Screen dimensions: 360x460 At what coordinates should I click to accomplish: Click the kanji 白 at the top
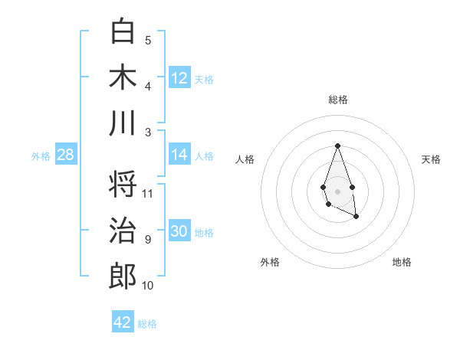pyautogui.click(x=123, y=31)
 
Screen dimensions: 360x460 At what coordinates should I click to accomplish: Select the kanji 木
pyautogui.click(x=123, y=78)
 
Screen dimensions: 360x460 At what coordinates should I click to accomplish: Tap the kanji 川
pyautogui.click(x=123, y=123)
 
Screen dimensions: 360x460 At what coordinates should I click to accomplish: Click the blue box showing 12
pyautogui.click(x=179, y=77)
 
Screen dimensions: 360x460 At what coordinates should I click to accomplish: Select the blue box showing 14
pyautogui.click(x=179, y=155)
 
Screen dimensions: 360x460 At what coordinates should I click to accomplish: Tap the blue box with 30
pyautogui.click(x=179, y=231)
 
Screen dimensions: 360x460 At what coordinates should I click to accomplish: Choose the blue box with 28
pyautogui.click(x=65, y=155)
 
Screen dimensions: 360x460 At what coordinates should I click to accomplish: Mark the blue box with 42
pyautogui.click(x=123, y=322)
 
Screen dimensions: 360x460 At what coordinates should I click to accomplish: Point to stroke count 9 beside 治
pyautogui.click(x=148, y=240)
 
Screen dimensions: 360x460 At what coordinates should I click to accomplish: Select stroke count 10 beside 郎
pyautogui.click(x=148, y=286)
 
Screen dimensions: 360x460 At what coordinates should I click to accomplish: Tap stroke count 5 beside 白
pyautogui.click(x=148, y=41)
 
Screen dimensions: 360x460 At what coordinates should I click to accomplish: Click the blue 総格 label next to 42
pyautogui.click(x=147, y=324)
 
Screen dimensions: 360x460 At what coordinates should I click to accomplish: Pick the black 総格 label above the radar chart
pyautogui.click(x=337, y=100)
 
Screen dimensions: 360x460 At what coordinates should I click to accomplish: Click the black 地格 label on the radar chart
pyautogui.click(x=402, y=262)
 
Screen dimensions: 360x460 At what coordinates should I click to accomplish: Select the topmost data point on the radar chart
pyautogui.click(x=337, y=146)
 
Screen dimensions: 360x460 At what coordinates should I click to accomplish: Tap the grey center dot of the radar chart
pyautogui.click(x=337, y=190)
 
